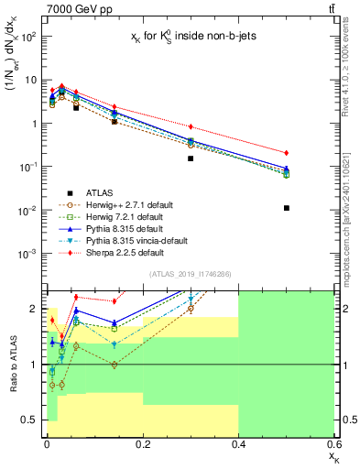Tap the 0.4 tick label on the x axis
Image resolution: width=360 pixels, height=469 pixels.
click(x=238, y=443)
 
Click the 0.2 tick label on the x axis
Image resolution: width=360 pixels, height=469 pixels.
click(x=142, y=443)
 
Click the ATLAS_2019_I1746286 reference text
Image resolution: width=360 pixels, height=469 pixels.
click(x=190, y=275)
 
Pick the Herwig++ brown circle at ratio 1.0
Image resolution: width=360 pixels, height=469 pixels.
click(x=114, y=365)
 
